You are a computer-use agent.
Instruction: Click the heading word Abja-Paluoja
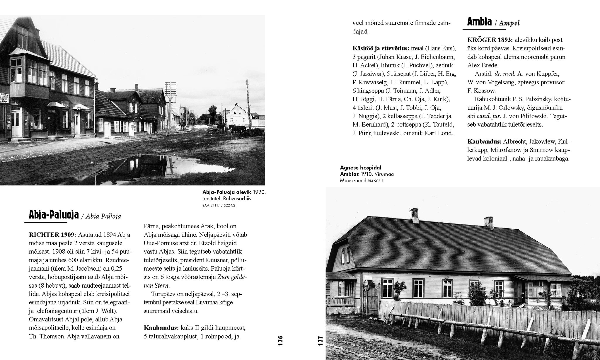(x=54, y=215)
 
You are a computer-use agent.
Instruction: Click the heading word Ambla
(x=479, y=22)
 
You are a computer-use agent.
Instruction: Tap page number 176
(x=280, y=341)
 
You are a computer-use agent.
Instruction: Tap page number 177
(x=320, y=341)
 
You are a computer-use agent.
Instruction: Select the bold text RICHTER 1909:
(x=52, y=235)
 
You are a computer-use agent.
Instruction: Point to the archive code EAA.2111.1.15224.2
(x=219, y=205)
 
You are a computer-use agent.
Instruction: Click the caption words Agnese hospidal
(x=361, y=168)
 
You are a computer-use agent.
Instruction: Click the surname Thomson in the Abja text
(x=50, y=336)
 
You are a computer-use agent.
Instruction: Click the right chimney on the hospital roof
(x=488, y=223)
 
